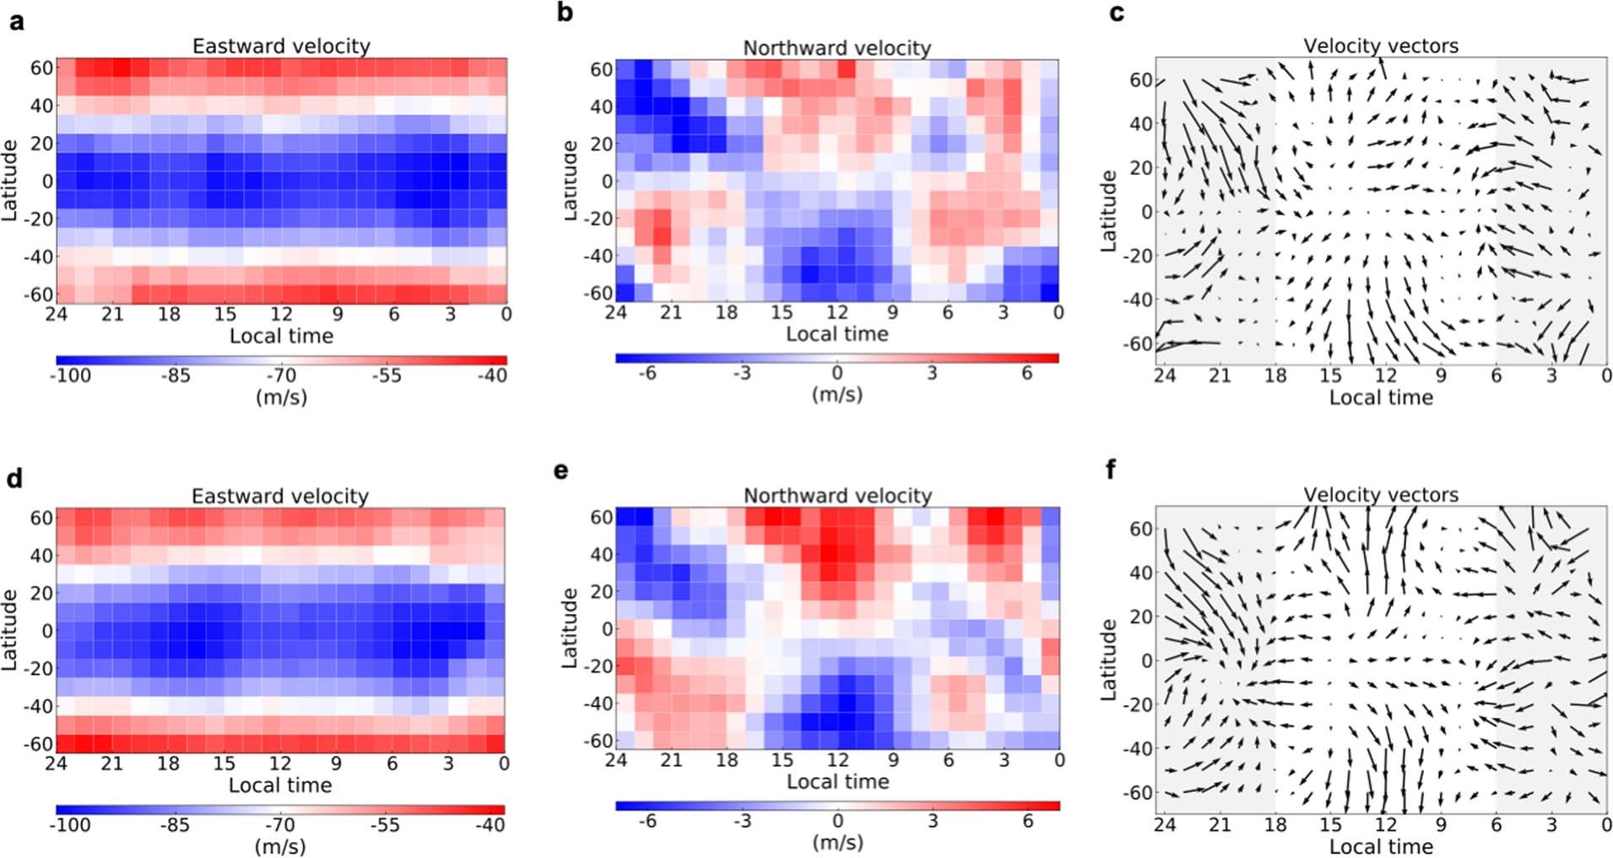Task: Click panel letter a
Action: (x=16, y=21)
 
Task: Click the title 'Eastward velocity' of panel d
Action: (x=280, y=496)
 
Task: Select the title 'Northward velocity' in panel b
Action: (x=836, y=48)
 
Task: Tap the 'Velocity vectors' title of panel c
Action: (x=1381, y=46)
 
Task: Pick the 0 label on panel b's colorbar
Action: (x=836, y=372)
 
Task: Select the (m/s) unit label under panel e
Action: (x=837, y=842)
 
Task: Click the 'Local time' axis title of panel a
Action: (x=281, y=336)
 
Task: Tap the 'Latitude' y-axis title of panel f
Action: (x=1109, y=660)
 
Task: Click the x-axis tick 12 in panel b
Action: (x=836, y=312)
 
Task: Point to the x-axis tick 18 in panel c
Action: (x=1275, y=376)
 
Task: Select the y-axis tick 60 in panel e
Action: (x=601, y=517)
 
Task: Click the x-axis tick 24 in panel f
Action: (x=1165, y=825)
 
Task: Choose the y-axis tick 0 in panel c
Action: (x=1146, y=211)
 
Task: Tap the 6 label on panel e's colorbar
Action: (x=1027, y=821)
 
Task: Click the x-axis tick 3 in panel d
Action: (x=448, y=763)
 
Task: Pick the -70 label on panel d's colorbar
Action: (x=280, y=825)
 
